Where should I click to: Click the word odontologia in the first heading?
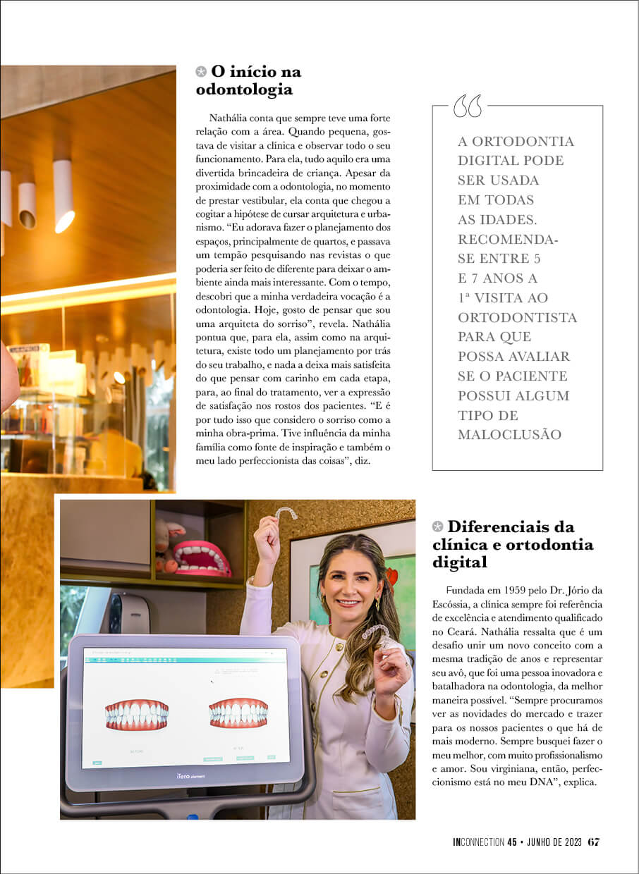pyautogui.click(x=243, y=90)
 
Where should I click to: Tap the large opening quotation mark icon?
pyautogui.click(x=468, y=106)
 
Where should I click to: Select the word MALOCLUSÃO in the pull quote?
pyautogui.click(x=509, y=435)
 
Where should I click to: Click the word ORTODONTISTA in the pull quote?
pyautogui.click(x=517, y=318)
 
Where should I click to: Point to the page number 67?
pyautogui.click(x=594, y=842)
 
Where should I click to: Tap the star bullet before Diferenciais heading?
pyautogui.click(x=438, y=527)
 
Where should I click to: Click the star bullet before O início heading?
pyautogui.click(x=201, y=71)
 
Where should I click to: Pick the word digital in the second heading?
pyautogui.click(x=460, y=563)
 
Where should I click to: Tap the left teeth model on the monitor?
pyautogui.click(x=136, y=714)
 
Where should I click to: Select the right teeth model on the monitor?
pyautogui.click(x=238, y=713)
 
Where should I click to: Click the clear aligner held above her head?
pyautogui.click(x=285, y=512)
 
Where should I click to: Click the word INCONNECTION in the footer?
pyautogui.click(x=478, y=842)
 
